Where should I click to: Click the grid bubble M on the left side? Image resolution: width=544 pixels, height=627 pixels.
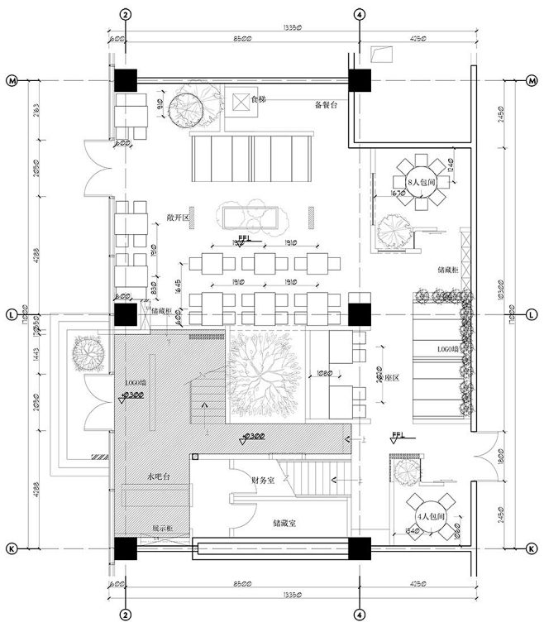(12, 80)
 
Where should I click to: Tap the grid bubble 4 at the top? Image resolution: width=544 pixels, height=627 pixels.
(360, 14)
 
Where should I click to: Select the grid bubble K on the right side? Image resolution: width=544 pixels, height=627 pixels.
(532, 548)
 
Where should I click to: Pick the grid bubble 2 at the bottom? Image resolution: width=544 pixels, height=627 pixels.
(125, 615)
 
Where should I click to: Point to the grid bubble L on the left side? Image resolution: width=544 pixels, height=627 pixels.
(12, 314)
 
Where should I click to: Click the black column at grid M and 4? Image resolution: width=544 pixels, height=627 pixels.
(360, 80)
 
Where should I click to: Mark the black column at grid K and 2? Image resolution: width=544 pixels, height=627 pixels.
(125, 548)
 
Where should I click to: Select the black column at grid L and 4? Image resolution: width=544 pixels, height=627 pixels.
(360, 314)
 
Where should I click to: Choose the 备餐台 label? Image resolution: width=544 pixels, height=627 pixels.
(327, 105)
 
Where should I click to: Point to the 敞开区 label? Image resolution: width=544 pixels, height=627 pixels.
(178, 218)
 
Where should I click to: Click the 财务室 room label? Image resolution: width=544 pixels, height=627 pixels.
(262, 481)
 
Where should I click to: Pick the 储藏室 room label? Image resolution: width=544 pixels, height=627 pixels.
(284, 523)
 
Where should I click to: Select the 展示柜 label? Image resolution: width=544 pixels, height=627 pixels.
(161, 527)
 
